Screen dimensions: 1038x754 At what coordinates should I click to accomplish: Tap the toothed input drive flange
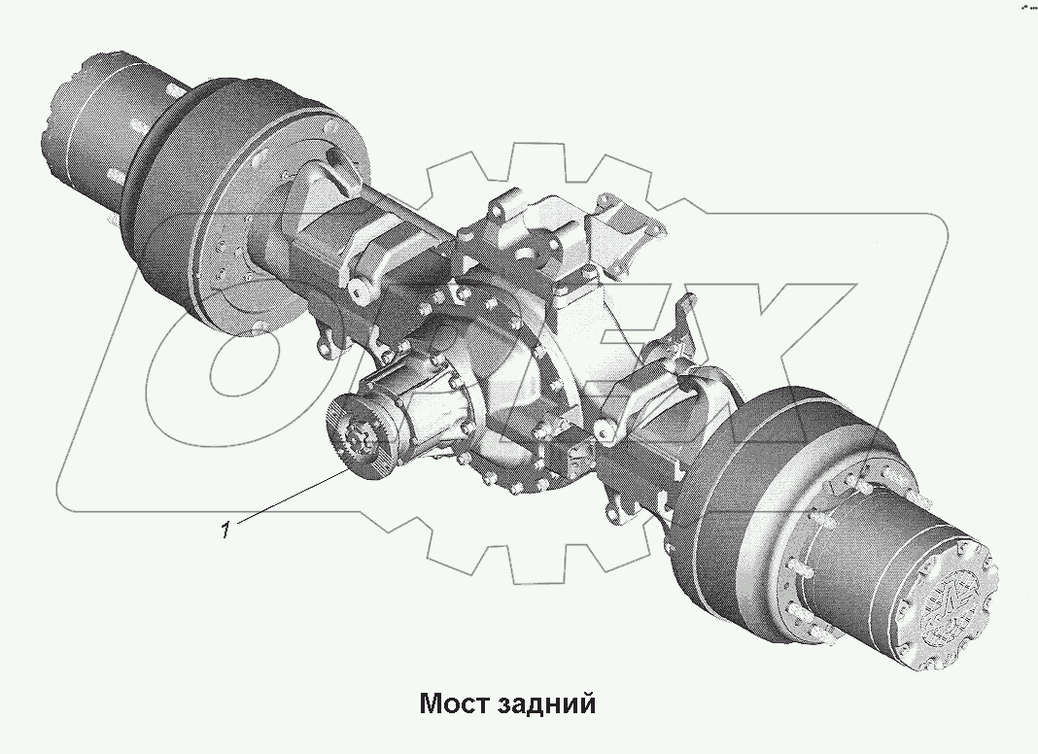coord(360,435)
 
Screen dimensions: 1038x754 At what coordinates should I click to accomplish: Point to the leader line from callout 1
coord(291,497)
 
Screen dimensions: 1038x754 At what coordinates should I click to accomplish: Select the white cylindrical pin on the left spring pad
coord(362,291)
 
